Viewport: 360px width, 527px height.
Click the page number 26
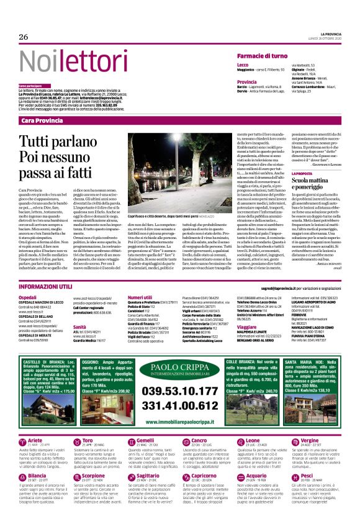[x=24, y=37]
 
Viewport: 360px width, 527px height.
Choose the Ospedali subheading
[x=28, y=297]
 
